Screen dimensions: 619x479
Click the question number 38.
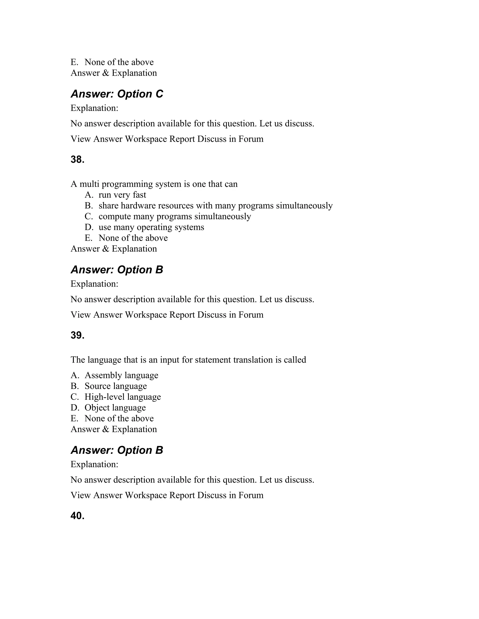point(77,160)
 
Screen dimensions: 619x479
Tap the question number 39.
point(77,335)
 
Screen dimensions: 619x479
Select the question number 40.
point(77,516)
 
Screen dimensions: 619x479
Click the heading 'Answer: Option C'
point(117,94)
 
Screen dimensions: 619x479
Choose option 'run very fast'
point(122,195)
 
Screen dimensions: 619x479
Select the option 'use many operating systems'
point(151,227)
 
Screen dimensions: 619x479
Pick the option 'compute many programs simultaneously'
point(175,217)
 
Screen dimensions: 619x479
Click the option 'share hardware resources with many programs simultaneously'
point(216,206)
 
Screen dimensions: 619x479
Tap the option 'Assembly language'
point(121,376)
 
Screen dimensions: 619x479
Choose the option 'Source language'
point(116,386)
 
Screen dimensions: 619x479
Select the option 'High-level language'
point(123,397)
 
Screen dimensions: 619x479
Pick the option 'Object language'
point(115,408)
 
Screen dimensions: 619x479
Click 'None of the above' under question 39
point(119,419)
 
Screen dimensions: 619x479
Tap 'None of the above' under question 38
point(133,238)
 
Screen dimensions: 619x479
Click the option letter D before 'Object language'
point(75,408)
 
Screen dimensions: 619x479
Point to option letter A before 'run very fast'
point(89,195)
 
